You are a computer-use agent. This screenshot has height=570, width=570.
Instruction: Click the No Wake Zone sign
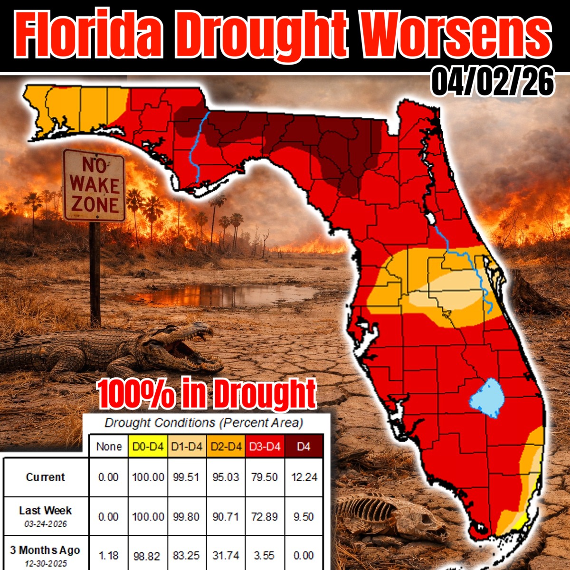[x=94, y=185]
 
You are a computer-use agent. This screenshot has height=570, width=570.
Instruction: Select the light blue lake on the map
[x=487, y=398]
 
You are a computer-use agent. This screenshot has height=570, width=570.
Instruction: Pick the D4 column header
[x=304, y=446]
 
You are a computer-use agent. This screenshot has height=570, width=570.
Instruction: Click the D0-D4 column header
[x=148, y=446]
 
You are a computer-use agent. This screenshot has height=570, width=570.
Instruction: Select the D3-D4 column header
[x=265, y=446]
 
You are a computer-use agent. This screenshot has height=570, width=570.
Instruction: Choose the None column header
[x=109, y=446]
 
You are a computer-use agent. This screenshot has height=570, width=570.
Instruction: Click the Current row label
[x=46, y=477]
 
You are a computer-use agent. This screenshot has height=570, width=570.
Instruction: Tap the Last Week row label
[x=46, y=511]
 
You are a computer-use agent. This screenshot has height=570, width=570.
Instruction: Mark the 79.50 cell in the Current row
[x=265, y=477]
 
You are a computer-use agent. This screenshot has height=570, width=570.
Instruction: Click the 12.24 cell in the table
[x=304, y=477]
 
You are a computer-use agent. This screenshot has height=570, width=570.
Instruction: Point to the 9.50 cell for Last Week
[x=304, y=516]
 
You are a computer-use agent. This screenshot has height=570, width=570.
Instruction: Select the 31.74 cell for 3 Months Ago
[x=226, y=555]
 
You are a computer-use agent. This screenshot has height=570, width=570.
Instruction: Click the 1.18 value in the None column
[x=109, y=555]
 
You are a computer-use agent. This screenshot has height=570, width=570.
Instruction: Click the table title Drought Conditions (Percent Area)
[x=204, y=422]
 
